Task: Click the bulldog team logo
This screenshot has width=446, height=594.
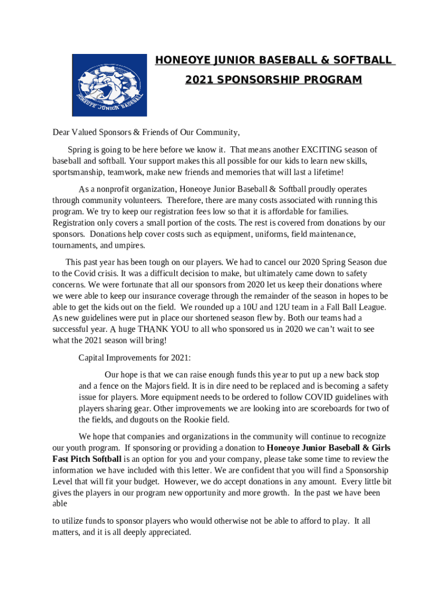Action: coord(109,85)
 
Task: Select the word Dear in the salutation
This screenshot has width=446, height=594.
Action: coord(63,132)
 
